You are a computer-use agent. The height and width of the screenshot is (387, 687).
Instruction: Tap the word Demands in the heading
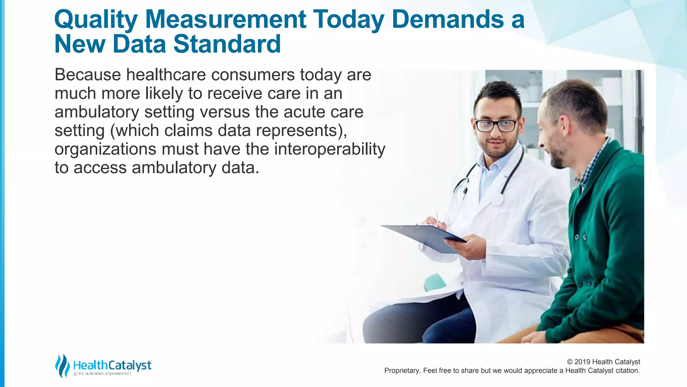click(x=448, y=19)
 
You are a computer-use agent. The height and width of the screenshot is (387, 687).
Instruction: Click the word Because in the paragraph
click(x=88, y=75)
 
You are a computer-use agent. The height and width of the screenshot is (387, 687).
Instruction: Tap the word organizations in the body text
click(x=105, y=149)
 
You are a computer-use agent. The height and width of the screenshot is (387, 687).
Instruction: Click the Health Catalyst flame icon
click(x=62, y=365)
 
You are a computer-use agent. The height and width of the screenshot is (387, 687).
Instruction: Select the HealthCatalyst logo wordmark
click(x=112, y=365)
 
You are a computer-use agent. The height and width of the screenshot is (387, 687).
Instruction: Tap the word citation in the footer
click(x=627, y=371)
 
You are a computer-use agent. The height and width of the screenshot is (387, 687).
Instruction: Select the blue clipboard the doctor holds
click(x=424, y=237)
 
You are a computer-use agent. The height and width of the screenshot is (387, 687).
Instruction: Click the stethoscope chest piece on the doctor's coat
click(x=497, y=200)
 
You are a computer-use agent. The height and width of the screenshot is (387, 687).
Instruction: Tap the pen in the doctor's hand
click(x=437, y=217)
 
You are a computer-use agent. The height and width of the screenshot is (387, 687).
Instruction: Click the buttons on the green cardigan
click(x=581, y=238)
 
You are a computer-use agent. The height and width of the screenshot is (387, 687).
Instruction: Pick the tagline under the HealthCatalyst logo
click(x=102, y=374)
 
